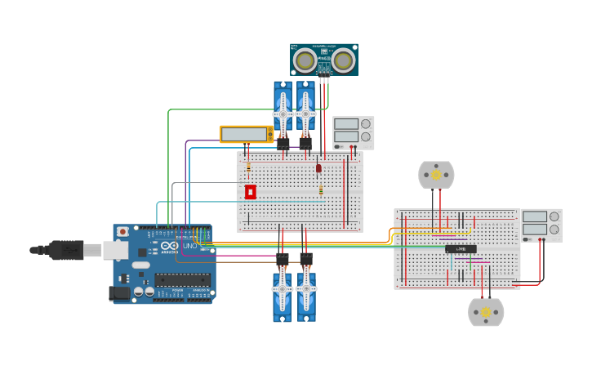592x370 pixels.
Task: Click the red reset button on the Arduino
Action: tap(122, 232)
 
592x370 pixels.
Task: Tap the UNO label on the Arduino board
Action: tap(189, 246)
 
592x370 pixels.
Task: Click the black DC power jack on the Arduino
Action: tap(119, 292)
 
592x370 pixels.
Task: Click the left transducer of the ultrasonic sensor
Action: tap(306, 60)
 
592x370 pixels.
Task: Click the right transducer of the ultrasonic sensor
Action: tap(343, 60)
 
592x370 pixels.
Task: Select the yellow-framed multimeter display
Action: tap(246, 134)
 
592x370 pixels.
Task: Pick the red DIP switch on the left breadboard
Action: tap(251, 191)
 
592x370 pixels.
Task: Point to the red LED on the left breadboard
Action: tap(318, 168)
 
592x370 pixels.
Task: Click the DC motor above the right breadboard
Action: tap(436, 175)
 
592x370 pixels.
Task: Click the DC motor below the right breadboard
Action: tap(486, 312)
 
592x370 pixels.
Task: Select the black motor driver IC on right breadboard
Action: tap(461, 249)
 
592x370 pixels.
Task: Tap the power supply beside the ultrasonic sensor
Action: tap(353, 132)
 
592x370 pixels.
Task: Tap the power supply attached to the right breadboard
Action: tap(541, 225)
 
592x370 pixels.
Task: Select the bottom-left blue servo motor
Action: tap(283, 296)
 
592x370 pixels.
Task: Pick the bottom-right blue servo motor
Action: tap(306, 296)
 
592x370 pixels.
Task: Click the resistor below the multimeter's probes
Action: tap(248, 168)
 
